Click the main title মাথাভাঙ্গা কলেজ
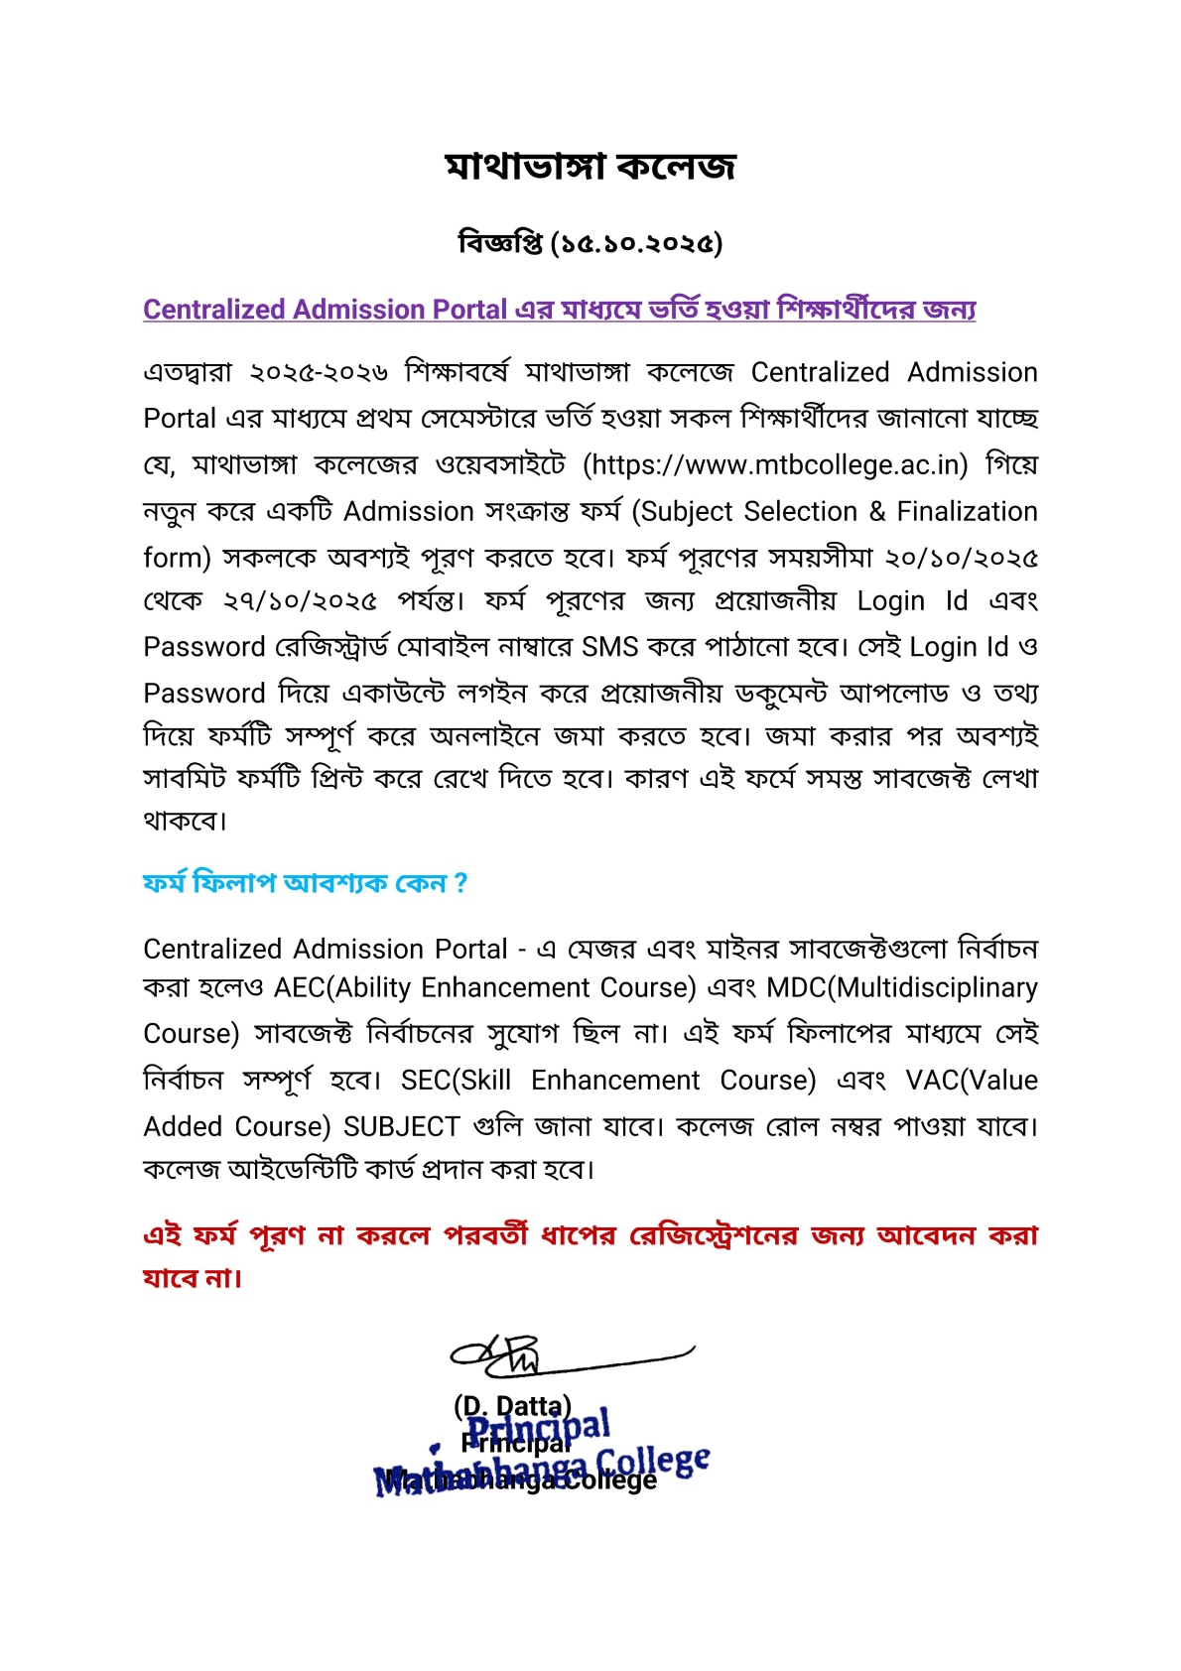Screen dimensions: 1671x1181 pyautogui.click(x=590, y=167)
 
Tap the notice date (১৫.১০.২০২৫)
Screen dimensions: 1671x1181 pyautogui.click(x=635, y=243)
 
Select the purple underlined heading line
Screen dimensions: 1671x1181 pyautogui.click(x=559, y=310)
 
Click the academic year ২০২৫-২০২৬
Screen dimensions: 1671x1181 pyautogui.click(x=318, y=373)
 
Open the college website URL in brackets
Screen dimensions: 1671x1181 pyautogui.click(x=774, y=465)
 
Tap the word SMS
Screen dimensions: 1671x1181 pyautogui.click(x=609, y=647)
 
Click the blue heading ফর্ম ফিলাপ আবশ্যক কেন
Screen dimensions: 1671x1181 pyautogui.click(x=294, y=883)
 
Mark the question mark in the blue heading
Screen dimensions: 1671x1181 pyautogui.click(x=460, y=883)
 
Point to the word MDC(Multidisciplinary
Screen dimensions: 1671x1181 pyautogui.click(x=902, y=988)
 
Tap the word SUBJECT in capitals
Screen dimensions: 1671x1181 pyautogui.click(x=401, y=1127)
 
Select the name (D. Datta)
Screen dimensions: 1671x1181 pyautogui.click(x=512, y=1406)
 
